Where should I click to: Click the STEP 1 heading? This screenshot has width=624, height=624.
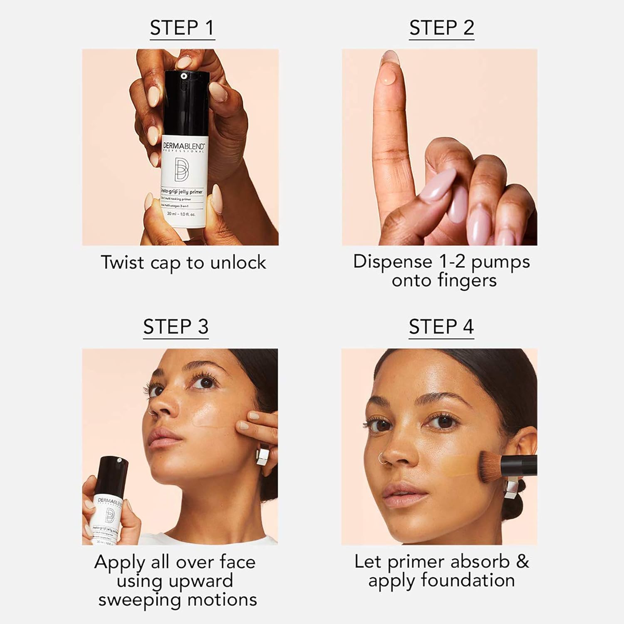click(182, 28)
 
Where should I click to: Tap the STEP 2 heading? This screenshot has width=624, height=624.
click(441, 28)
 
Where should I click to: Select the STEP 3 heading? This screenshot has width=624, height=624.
click(176, 327)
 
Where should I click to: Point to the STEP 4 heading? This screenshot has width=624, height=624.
click(441, 327)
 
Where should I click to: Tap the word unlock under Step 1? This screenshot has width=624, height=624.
click(238, 262)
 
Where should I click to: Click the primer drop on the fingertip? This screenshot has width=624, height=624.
click(388, 78)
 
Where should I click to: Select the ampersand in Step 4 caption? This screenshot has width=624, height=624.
click(522, 562)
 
